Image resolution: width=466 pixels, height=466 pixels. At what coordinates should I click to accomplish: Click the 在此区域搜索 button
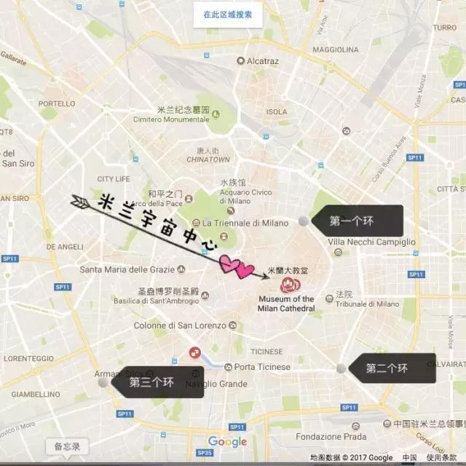pyautogui.click(x=227, y=14)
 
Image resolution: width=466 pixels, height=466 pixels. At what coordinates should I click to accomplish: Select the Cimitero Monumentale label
pyautogui.click(x=171, y=119)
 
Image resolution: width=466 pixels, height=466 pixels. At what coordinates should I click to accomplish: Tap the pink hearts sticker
pyautogui.click(x=236, y=266)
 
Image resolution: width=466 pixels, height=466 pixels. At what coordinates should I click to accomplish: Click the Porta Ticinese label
pyautogui.click(x=261, y=367)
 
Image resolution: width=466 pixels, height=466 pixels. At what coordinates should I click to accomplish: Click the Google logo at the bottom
pyautogui.click(x=227, y=442)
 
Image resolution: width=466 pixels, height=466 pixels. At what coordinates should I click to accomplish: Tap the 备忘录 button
pyautogui.click(x=66, y=446)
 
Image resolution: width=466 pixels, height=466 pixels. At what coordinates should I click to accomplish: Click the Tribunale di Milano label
pyautogui.click(x=367, y=304)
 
